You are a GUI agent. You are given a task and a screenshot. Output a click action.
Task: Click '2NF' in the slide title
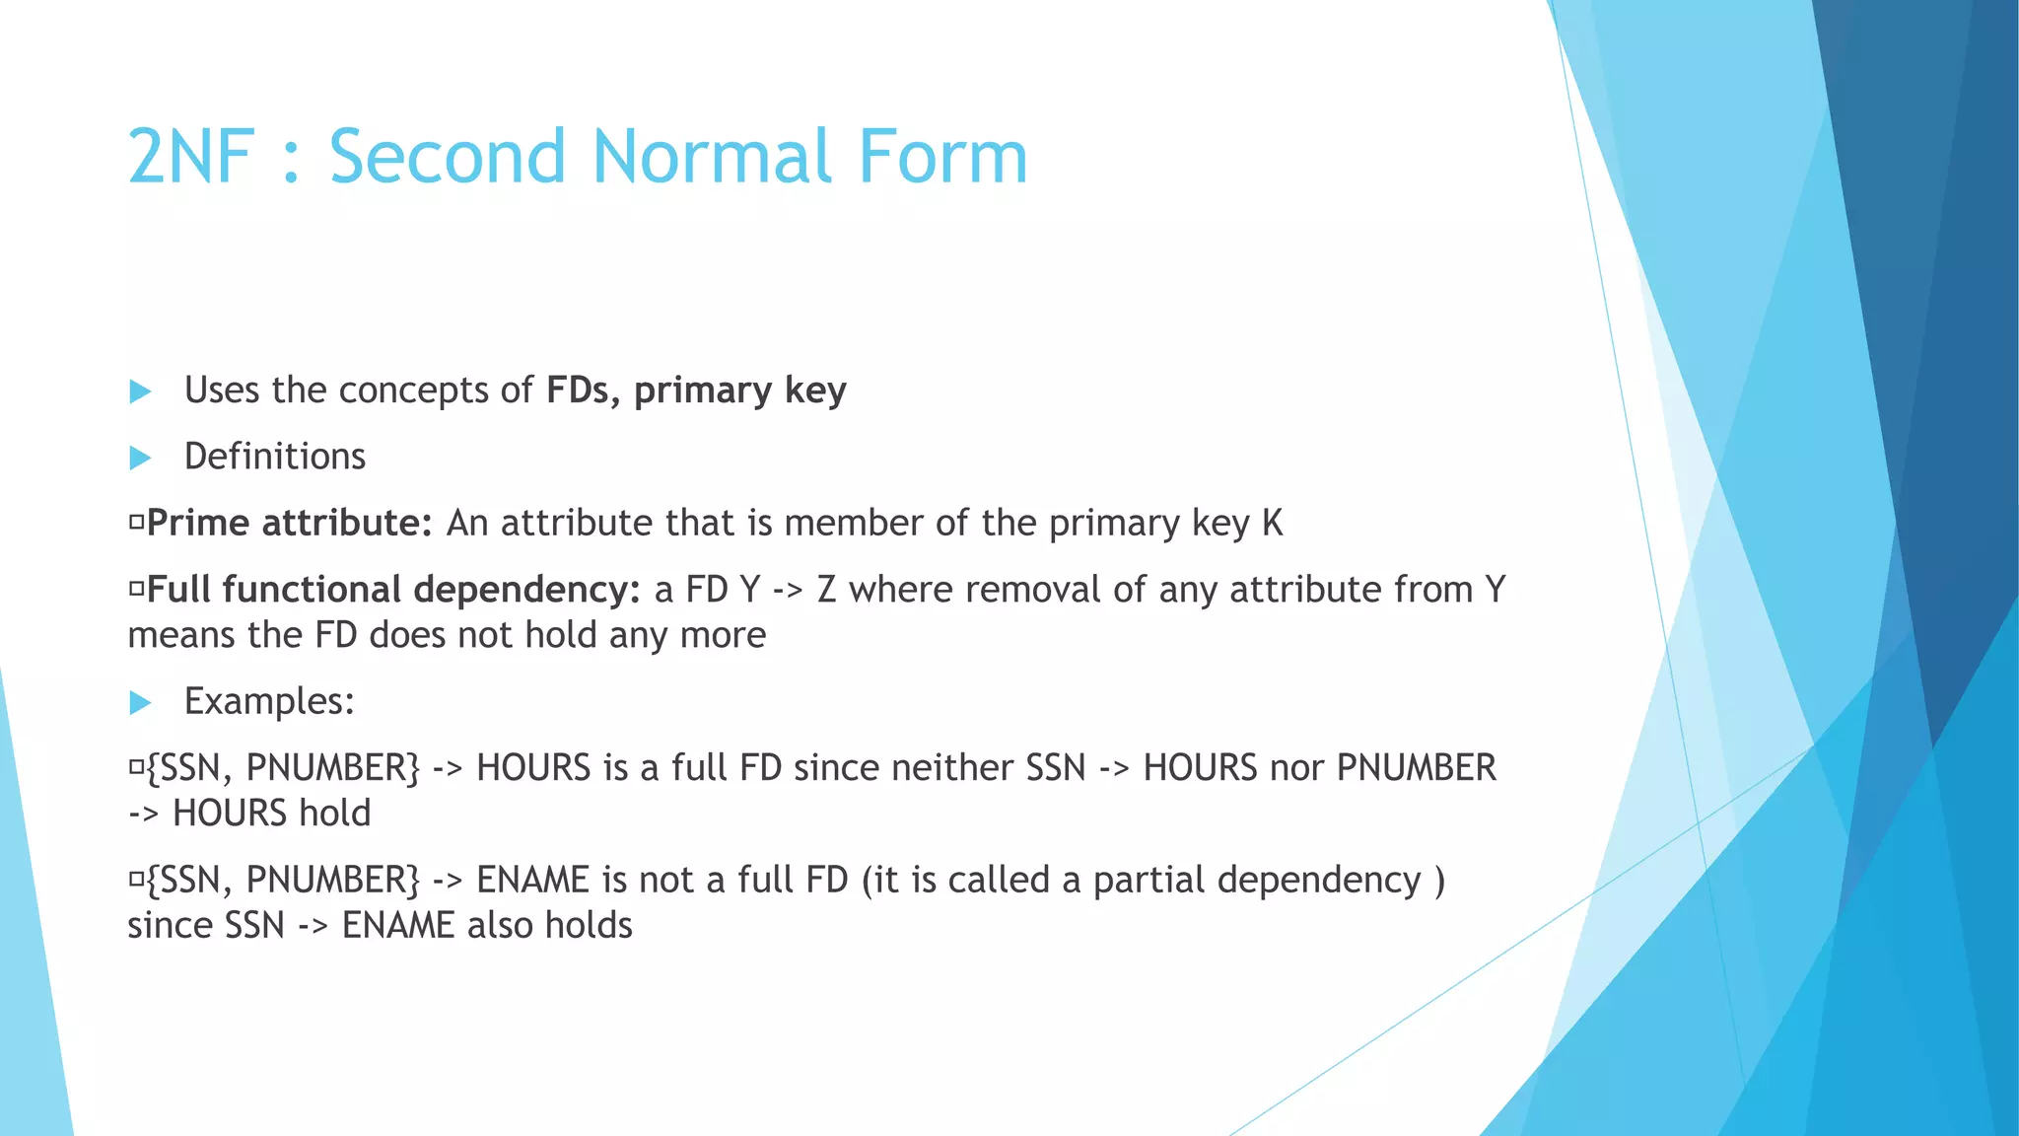[x=191, y=157]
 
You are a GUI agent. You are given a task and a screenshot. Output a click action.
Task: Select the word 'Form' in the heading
[x=942, y=157]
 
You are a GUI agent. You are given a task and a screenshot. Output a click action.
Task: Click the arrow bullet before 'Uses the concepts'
[x=140, y=392]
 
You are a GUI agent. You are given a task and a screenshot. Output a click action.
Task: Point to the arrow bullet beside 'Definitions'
[x=140, y=459]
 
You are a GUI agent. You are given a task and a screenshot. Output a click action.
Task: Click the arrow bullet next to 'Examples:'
[x=140, y=703]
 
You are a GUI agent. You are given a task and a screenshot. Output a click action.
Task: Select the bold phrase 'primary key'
[x=739, y=391]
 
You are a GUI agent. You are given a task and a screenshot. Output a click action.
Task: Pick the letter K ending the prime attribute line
[x=1272, y=524]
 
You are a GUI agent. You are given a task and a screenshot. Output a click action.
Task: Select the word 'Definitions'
[x=275, y=457]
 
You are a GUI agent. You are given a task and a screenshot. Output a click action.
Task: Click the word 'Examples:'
[x=269, y=702]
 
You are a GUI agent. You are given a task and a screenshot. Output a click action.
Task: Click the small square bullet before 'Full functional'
[x=137, y=591]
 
